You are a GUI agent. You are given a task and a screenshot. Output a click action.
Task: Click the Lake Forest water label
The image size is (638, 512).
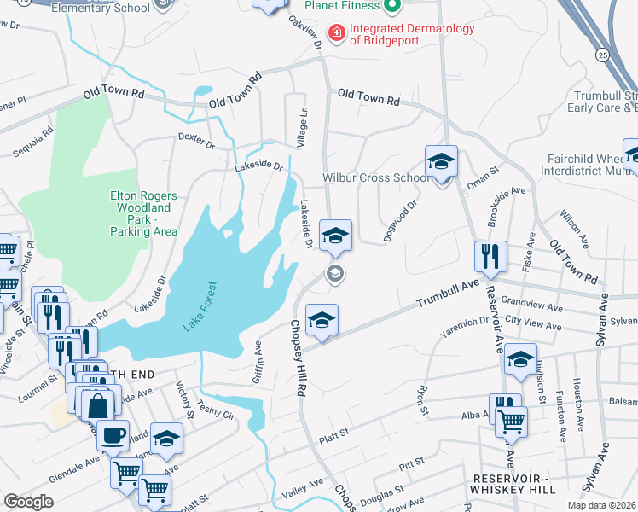pyautogui.click(x=200, y=306)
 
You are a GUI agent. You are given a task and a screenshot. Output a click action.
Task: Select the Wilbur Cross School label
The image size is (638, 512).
pyautogui.click(x=376, y=178)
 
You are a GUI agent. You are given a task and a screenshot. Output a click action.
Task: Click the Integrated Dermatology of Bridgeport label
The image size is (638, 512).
pyautogui.click(x=413, y=34)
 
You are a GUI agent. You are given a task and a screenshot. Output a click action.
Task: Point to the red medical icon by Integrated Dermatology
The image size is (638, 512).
pyautogui.click(x=337, y=34)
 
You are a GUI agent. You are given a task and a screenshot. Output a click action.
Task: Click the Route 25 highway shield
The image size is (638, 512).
pyautogui.click(x=602, y=55)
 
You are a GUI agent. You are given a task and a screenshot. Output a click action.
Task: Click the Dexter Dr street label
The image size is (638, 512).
pyautogui.click(x=196, y=139)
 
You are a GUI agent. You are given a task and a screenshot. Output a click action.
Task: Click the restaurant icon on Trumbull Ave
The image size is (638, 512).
pyautogui.click(x=491, y=256)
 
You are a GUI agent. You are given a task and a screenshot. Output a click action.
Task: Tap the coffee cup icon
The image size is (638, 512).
pyautogui.click(x=113, y=435)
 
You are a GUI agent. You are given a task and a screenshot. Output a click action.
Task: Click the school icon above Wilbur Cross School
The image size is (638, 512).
pyautogui.click(x=441, y=160)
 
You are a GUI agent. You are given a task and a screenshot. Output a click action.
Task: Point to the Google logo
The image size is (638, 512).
pyautogui.click(x=28, y=501)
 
